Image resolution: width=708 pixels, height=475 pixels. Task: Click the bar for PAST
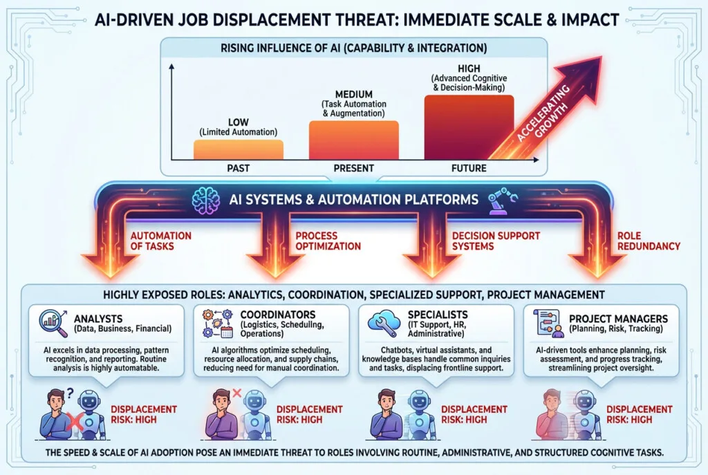click(239, 149)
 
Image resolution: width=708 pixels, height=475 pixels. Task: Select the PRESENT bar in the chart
click(353, 140)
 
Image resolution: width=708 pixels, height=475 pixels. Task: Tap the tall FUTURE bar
click(469, 127)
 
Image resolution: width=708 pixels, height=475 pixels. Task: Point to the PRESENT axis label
click(353, 169)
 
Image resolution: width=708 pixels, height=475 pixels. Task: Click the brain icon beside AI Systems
click(206, 201)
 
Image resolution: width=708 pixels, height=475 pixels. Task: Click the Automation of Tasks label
click(160, 241)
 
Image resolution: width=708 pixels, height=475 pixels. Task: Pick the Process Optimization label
click(328, 241)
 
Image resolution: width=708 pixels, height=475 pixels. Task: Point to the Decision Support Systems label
click(496, 241)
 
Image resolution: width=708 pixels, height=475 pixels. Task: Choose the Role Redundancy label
click(649, 241)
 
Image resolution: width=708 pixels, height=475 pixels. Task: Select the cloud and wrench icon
click(384, 322)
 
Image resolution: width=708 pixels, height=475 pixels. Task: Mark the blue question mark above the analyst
click(70, 393)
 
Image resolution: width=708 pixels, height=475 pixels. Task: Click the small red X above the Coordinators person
click(236, 393)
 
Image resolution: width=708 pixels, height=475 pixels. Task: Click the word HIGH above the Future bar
click(469, 68)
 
